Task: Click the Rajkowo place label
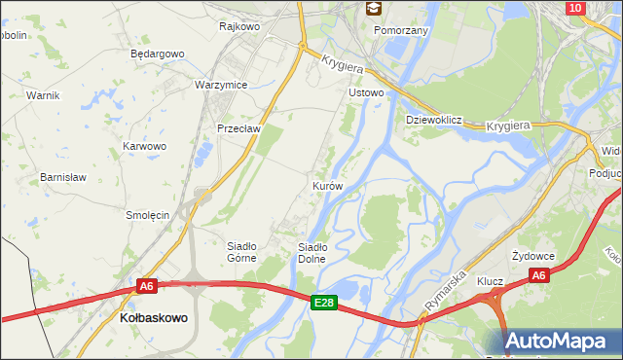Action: point(239,27)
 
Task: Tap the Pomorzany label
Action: point(402,30)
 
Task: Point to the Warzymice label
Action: point(222,85)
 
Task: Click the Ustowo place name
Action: point(367,93)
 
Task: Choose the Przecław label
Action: point(237,127)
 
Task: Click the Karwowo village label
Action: point(144,146)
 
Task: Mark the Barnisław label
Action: point(63,178)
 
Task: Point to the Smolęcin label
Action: point(149,214)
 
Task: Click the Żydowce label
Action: point(533,255)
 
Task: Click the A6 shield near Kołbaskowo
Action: point(146,286)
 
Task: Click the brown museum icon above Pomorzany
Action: point(373,9)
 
